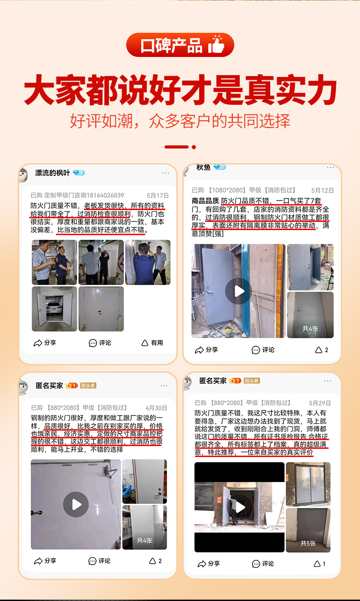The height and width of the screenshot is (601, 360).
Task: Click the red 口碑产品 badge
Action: click(180, 46)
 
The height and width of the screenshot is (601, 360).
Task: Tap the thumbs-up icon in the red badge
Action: click(216, 45)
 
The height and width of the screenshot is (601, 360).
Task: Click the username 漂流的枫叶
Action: click(52, 173)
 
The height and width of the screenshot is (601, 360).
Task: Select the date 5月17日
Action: click(158, 195)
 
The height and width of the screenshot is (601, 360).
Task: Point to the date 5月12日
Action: click(322, 190)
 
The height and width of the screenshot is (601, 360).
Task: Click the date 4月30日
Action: click(156, 408)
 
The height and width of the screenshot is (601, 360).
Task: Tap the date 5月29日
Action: click(319, 403)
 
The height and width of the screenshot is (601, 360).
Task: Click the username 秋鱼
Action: click(203, 167)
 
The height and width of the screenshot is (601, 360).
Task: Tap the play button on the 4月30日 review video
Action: click(76, 504)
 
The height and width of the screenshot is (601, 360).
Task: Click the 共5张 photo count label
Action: click(308, 543)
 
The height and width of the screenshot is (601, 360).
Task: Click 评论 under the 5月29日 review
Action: click(263, 564)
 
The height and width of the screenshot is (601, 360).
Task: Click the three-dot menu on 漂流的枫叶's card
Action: click(165, 173)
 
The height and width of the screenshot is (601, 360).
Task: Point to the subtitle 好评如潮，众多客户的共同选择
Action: click(180, 121)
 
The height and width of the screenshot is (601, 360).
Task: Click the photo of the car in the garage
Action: click(54, 308)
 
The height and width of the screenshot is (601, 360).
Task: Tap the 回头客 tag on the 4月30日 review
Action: click(88, 385)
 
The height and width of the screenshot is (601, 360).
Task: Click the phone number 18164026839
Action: click(103, 195)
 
